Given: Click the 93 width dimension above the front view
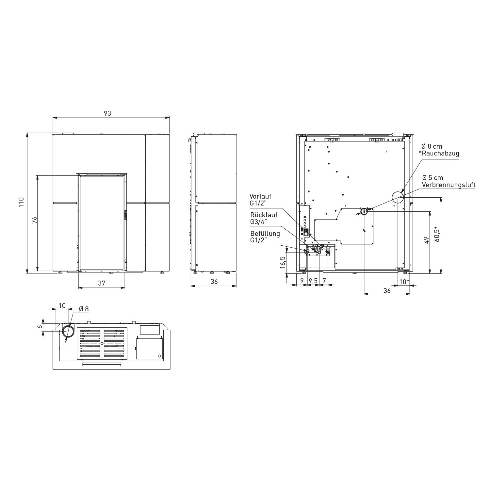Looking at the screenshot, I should (x=107, y=113).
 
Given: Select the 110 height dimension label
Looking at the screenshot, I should (x=21, y=203).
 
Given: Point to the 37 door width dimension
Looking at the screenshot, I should (x=102, y=283).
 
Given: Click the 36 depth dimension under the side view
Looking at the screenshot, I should (x=214, y=281).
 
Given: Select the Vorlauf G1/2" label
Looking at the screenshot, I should (x=260, y=200).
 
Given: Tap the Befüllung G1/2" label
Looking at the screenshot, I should (x=265, y=237).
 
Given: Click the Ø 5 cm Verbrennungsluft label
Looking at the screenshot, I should (x=449, y=181).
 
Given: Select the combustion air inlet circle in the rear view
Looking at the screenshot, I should (x=364, y=211).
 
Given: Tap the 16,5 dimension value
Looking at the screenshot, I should (x=283, y=262).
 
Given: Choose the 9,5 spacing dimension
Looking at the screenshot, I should (x=313, y=281).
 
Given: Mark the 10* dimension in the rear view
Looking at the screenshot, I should (x=404, y=281).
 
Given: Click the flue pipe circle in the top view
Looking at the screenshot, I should (x=68, y=332).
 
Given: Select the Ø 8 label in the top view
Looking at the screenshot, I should (x=84, y=309).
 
